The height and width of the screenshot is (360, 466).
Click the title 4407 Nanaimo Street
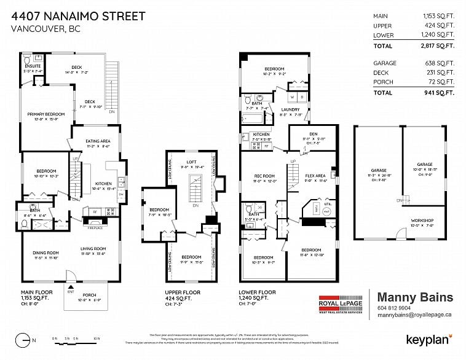79,15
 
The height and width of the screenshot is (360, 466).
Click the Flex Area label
315,176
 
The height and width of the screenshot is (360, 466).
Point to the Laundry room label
290,109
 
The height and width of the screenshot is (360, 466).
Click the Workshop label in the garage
422,220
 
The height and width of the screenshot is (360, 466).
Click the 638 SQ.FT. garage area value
439,63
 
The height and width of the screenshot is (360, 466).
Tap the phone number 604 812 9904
393,308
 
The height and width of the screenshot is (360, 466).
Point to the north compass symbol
24,338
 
